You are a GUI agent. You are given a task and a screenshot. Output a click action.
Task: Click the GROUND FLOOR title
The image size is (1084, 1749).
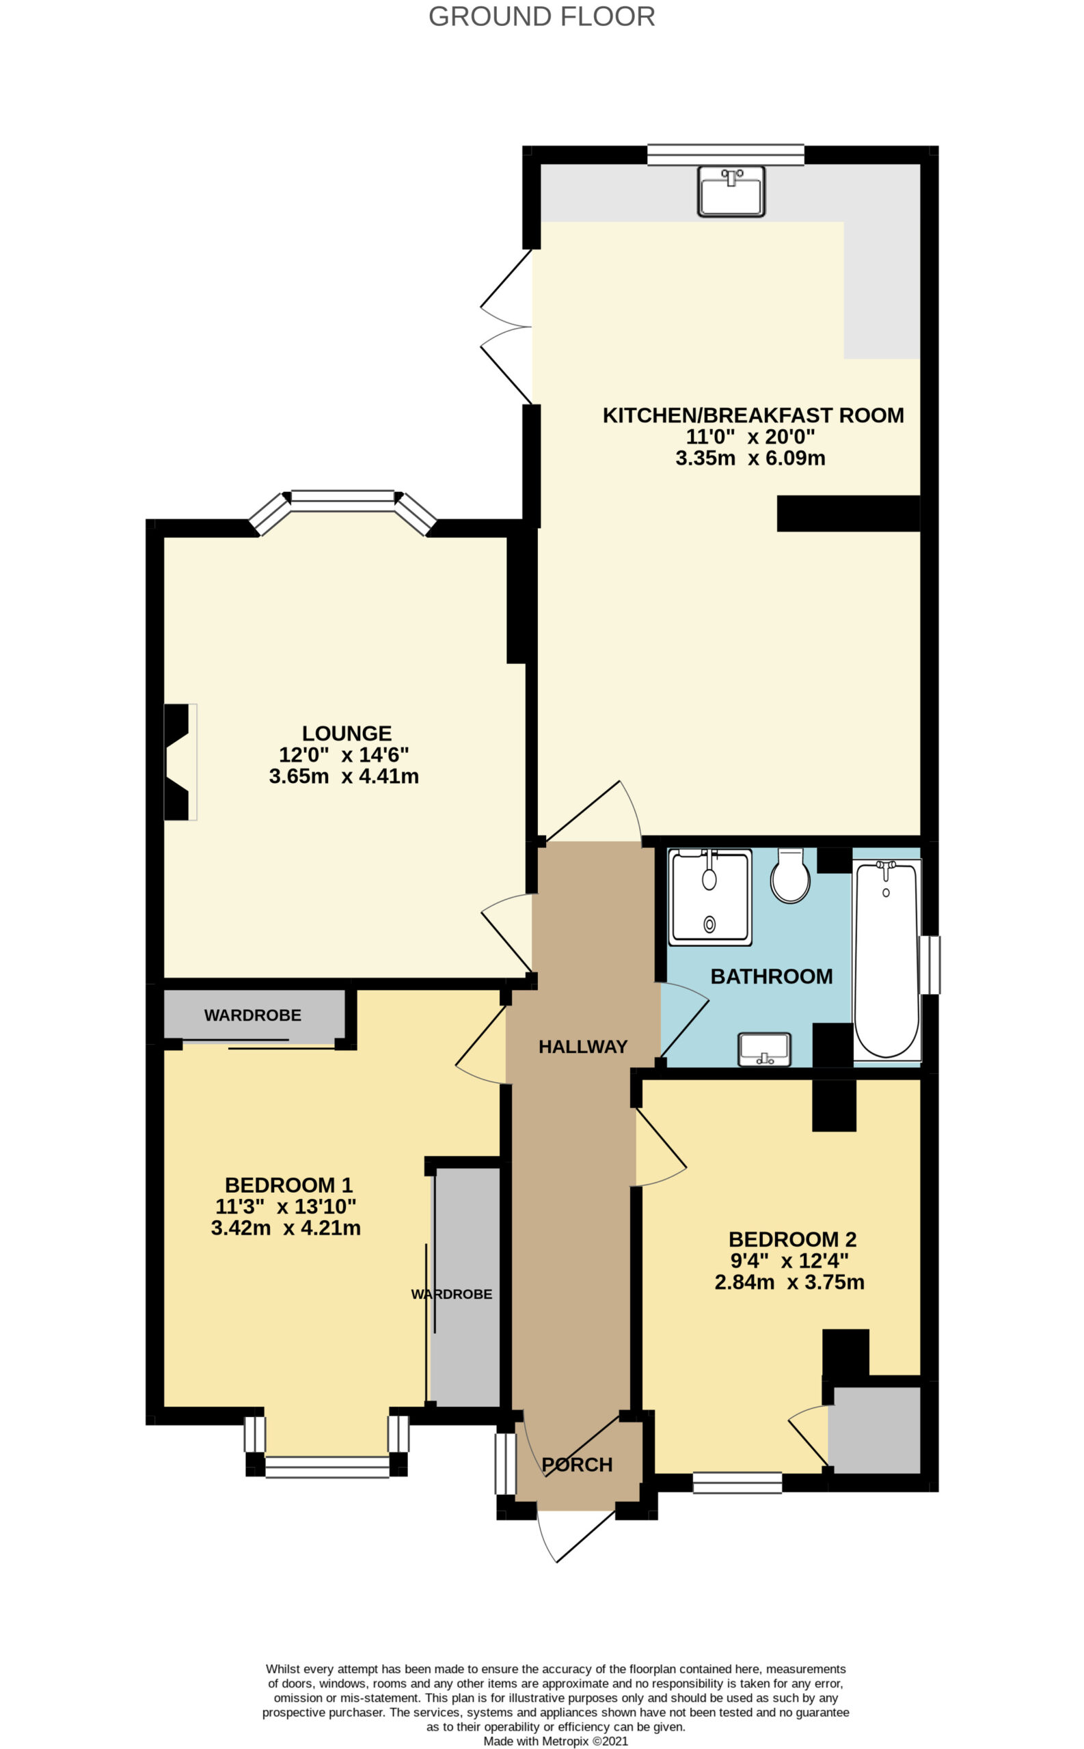click(541, 16)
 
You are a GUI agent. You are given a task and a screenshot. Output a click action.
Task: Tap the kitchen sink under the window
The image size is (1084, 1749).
click(731, 191)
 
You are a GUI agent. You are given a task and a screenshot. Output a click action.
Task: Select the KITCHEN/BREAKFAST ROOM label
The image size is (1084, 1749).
click(753, 415)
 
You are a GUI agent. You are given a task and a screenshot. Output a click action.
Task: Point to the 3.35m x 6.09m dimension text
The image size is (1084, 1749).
click(750, 458)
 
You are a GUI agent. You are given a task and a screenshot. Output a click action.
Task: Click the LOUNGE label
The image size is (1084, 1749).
click(347, 733)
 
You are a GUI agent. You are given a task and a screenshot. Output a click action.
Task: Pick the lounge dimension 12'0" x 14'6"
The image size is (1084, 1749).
click(344, 754)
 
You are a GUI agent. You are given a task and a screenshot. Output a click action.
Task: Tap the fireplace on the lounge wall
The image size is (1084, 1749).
click(178, 762)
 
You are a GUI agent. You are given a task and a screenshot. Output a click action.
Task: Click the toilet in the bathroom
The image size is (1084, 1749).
click(790, 876)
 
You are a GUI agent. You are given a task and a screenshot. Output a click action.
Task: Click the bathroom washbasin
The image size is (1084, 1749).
click(765, 1049)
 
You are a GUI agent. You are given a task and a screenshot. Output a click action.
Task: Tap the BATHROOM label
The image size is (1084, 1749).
click(772, 976)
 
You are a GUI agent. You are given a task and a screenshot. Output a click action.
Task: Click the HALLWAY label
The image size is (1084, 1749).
click(583, 1047)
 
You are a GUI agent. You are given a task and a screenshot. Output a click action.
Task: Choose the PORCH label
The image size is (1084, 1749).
click(577, 1465)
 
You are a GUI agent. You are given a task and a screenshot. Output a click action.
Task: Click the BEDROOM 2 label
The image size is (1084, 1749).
click(793, 1239)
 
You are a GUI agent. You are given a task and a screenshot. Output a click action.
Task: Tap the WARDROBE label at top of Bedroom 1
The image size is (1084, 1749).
click(252, 1015)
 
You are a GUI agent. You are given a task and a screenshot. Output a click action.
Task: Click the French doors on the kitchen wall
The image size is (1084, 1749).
click(506, 327)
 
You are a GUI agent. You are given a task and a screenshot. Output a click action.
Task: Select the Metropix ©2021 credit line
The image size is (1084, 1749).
click(556, 1741)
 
